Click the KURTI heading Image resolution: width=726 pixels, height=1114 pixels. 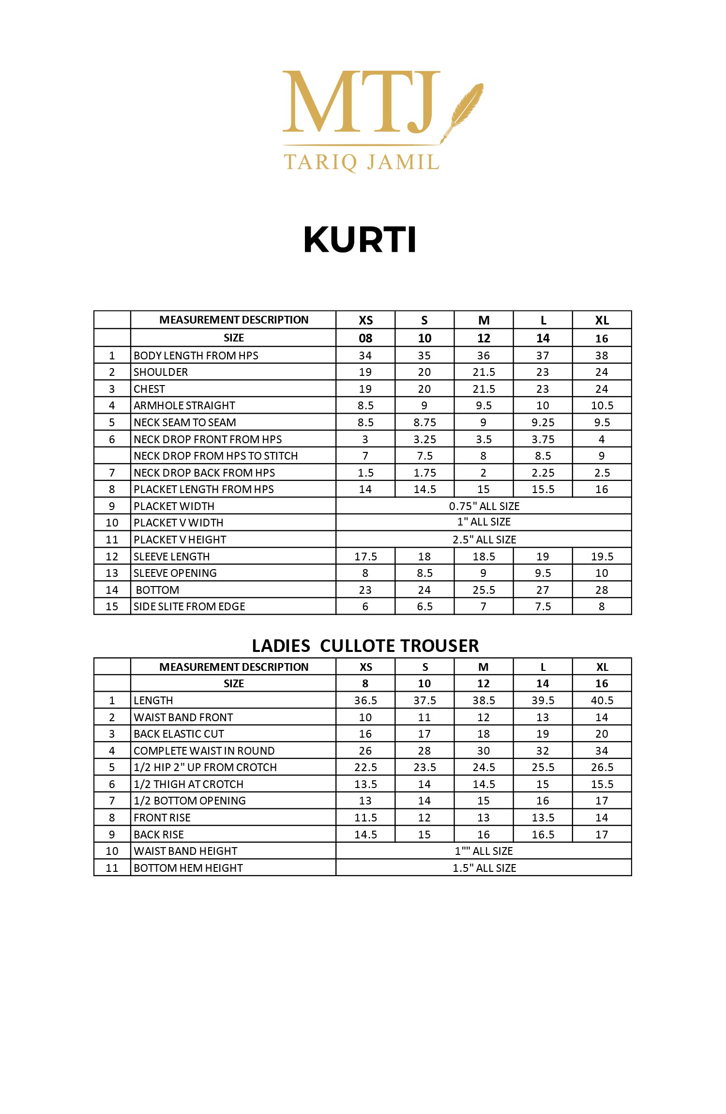360,240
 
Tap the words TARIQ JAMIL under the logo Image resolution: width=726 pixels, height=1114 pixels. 361,162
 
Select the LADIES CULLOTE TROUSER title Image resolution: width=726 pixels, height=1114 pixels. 365,646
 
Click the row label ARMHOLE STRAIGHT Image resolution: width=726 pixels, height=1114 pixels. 184,405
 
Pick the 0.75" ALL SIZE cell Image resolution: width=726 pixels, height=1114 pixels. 484,506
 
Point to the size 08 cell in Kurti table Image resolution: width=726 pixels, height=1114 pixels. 365,338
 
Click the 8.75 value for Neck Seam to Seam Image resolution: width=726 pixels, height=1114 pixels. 424,422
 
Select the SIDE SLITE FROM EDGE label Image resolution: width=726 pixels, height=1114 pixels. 189,606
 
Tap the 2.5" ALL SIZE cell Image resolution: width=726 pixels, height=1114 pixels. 484,540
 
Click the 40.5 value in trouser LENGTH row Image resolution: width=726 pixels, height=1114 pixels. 602,700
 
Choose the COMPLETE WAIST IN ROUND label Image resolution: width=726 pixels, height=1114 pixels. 204,751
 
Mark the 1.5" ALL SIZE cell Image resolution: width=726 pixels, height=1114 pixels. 484,868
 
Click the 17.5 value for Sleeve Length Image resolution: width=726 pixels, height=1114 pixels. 365,557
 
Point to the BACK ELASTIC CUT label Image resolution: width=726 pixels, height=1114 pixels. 179,734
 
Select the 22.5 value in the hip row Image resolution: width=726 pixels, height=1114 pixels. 365,767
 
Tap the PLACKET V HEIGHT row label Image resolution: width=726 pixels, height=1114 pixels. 180,540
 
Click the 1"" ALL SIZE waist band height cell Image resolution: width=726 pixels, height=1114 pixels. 484,851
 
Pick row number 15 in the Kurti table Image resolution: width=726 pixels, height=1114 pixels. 112,606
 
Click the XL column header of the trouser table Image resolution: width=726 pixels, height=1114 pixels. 602,667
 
